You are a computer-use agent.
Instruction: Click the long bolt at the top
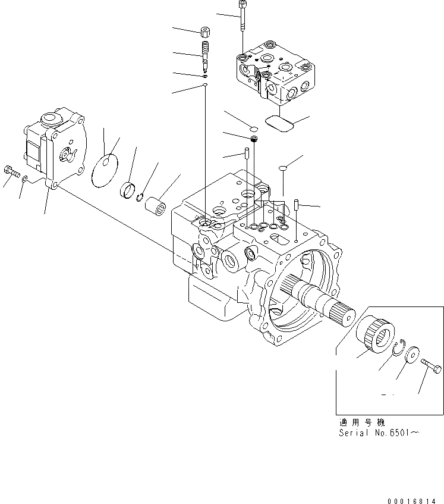pyautogui.click(x=242, y=15)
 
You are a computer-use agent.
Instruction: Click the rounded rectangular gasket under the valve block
pyautogui.click(x=279, y=123)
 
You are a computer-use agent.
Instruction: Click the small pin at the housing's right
pyautogui.click(x=295, y=205)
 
